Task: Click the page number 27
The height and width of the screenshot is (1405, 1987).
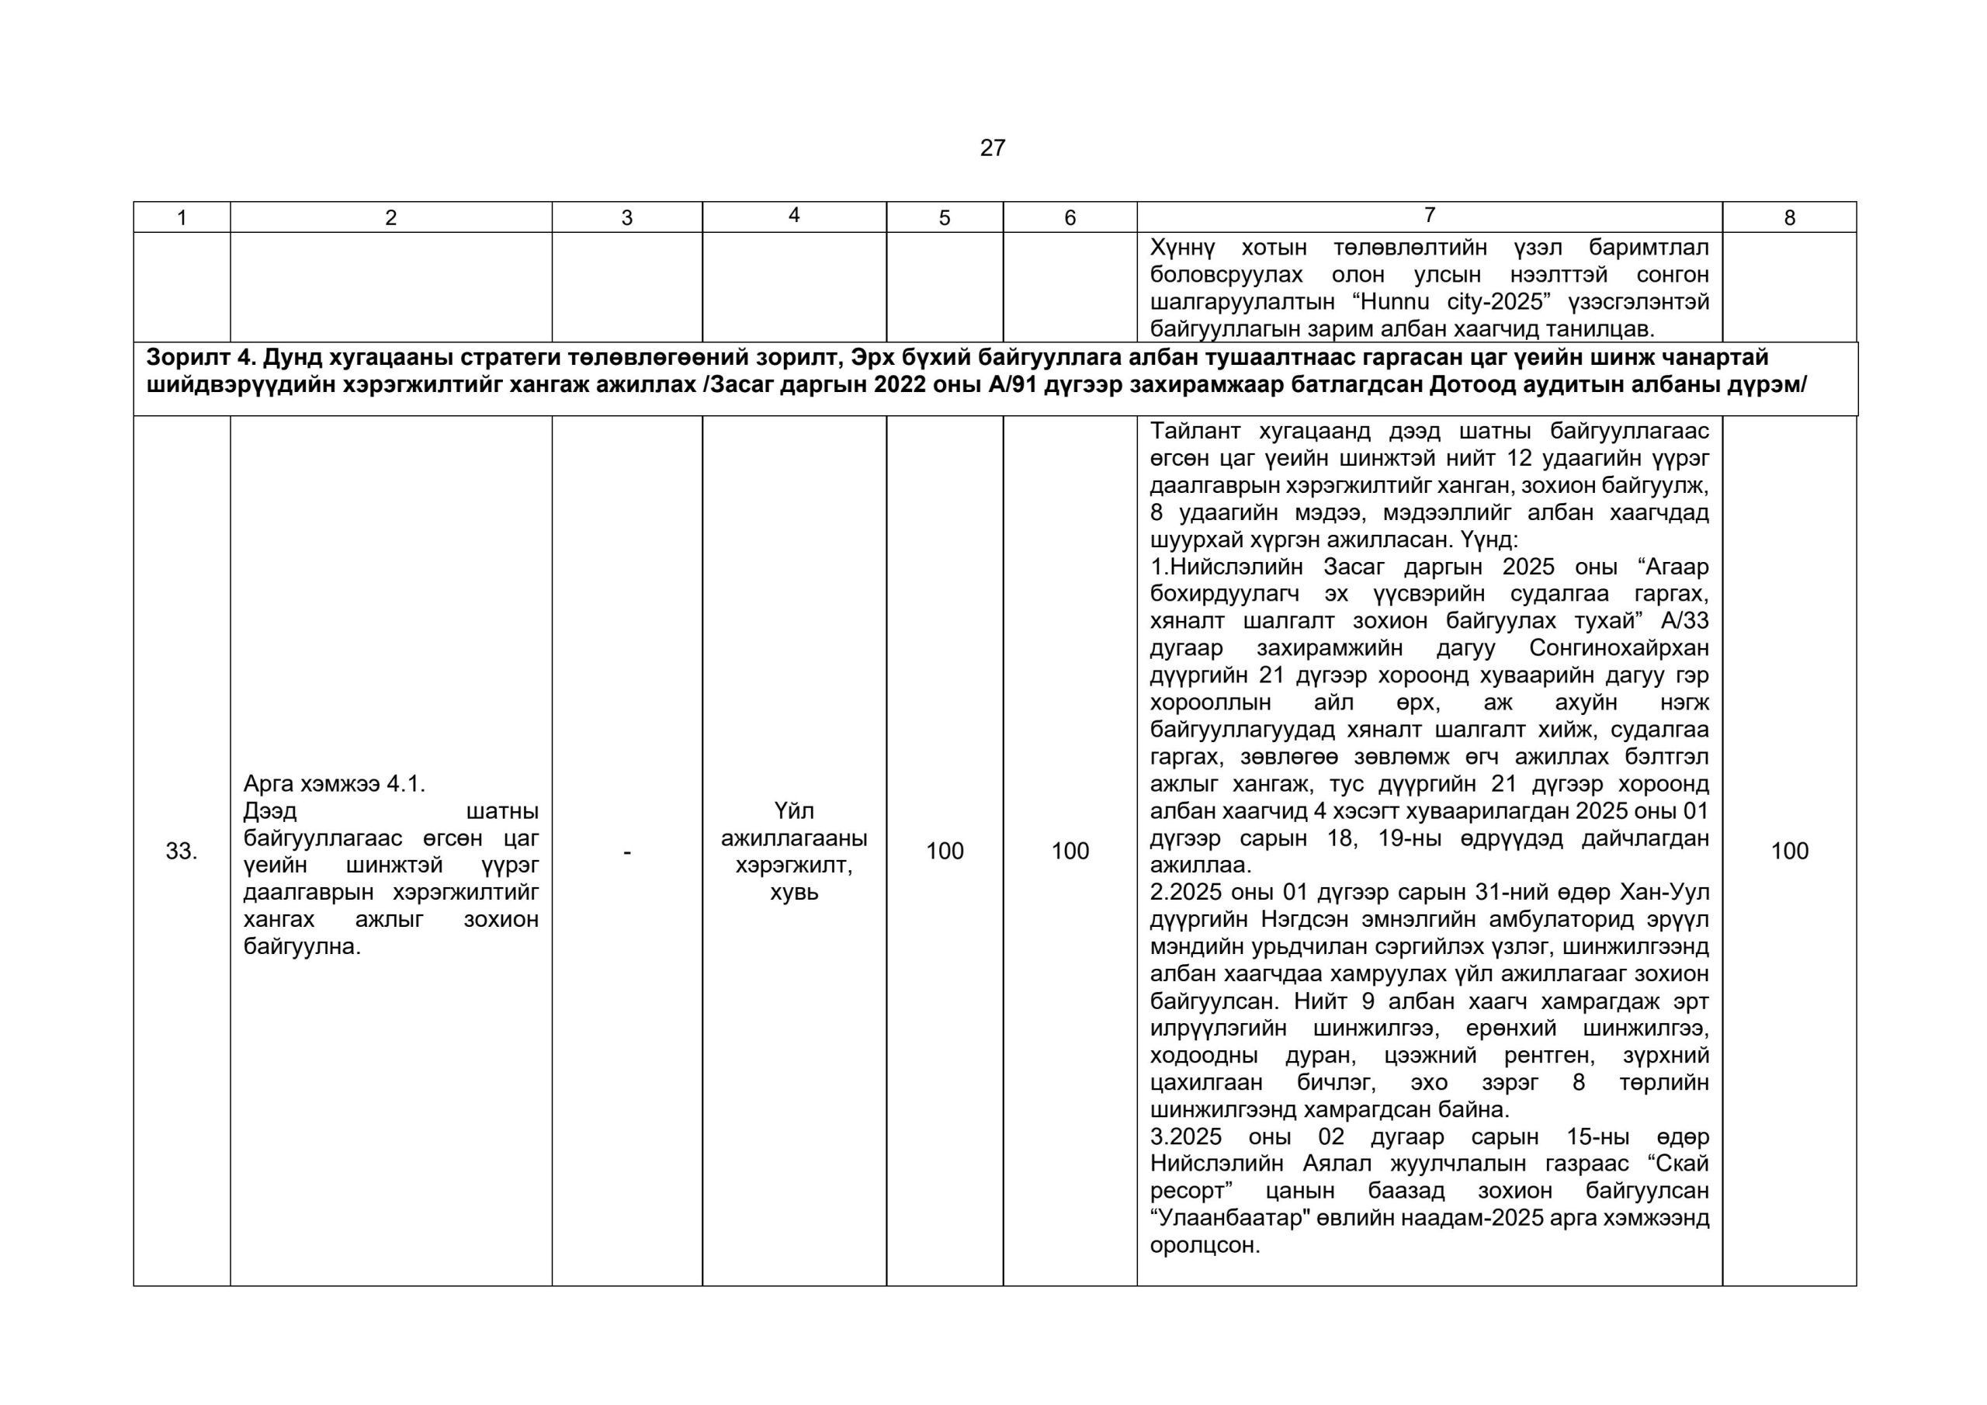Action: coord(992,148)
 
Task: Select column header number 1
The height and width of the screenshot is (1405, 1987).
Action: coord(182,218)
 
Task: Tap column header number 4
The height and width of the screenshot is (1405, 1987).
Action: coord(793,216)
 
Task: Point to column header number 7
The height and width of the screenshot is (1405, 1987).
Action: coord(1429,215)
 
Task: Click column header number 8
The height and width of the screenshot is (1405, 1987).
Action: coord(1789,218)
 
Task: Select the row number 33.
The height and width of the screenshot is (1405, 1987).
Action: coord(182,852)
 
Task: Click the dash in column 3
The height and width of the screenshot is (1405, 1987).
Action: coord(626,852)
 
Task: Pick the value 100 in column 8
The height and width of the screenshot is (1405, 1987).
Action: coord(1789,852)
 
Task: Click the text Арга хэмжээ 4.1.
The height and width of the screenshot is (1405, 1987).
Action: coord(334,784)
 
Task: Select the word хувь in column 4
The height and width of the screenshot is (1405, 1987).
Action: coord(793,893)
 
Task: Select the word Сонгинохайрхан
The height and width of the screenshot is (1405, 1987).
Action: coord(1618,648)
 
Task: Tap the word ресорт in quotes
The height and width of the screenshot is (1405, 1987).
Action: coord(1188,1192)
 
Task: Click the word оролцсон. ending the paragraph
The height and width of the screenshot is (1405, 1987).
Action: coord(1204,1247)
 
